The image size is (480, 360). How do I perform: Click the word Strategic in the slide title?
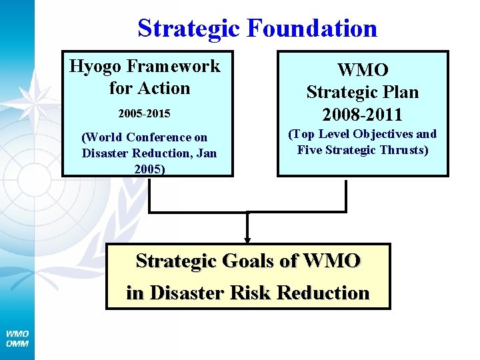pyautogui.click(x=189, y=28)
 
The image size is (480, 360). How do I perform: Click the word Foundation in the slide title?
pyautogui.click(x=311, y=28)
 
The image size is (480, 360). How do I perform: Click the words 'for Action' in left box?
pyautogui.click(x=149, y=88)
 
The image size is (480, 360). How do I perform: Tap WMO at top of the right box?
pyautogui.click(x=363, y=70)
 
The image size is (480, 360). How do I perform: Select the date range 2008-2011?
pyautogui.click(x=363, y=114)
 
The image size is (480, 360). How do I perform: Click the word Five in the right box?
pyautogui.click(x=309, y=150)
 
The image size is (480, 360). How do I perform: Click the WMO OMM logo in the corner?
pyautogui.click(x=17, y=338)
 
